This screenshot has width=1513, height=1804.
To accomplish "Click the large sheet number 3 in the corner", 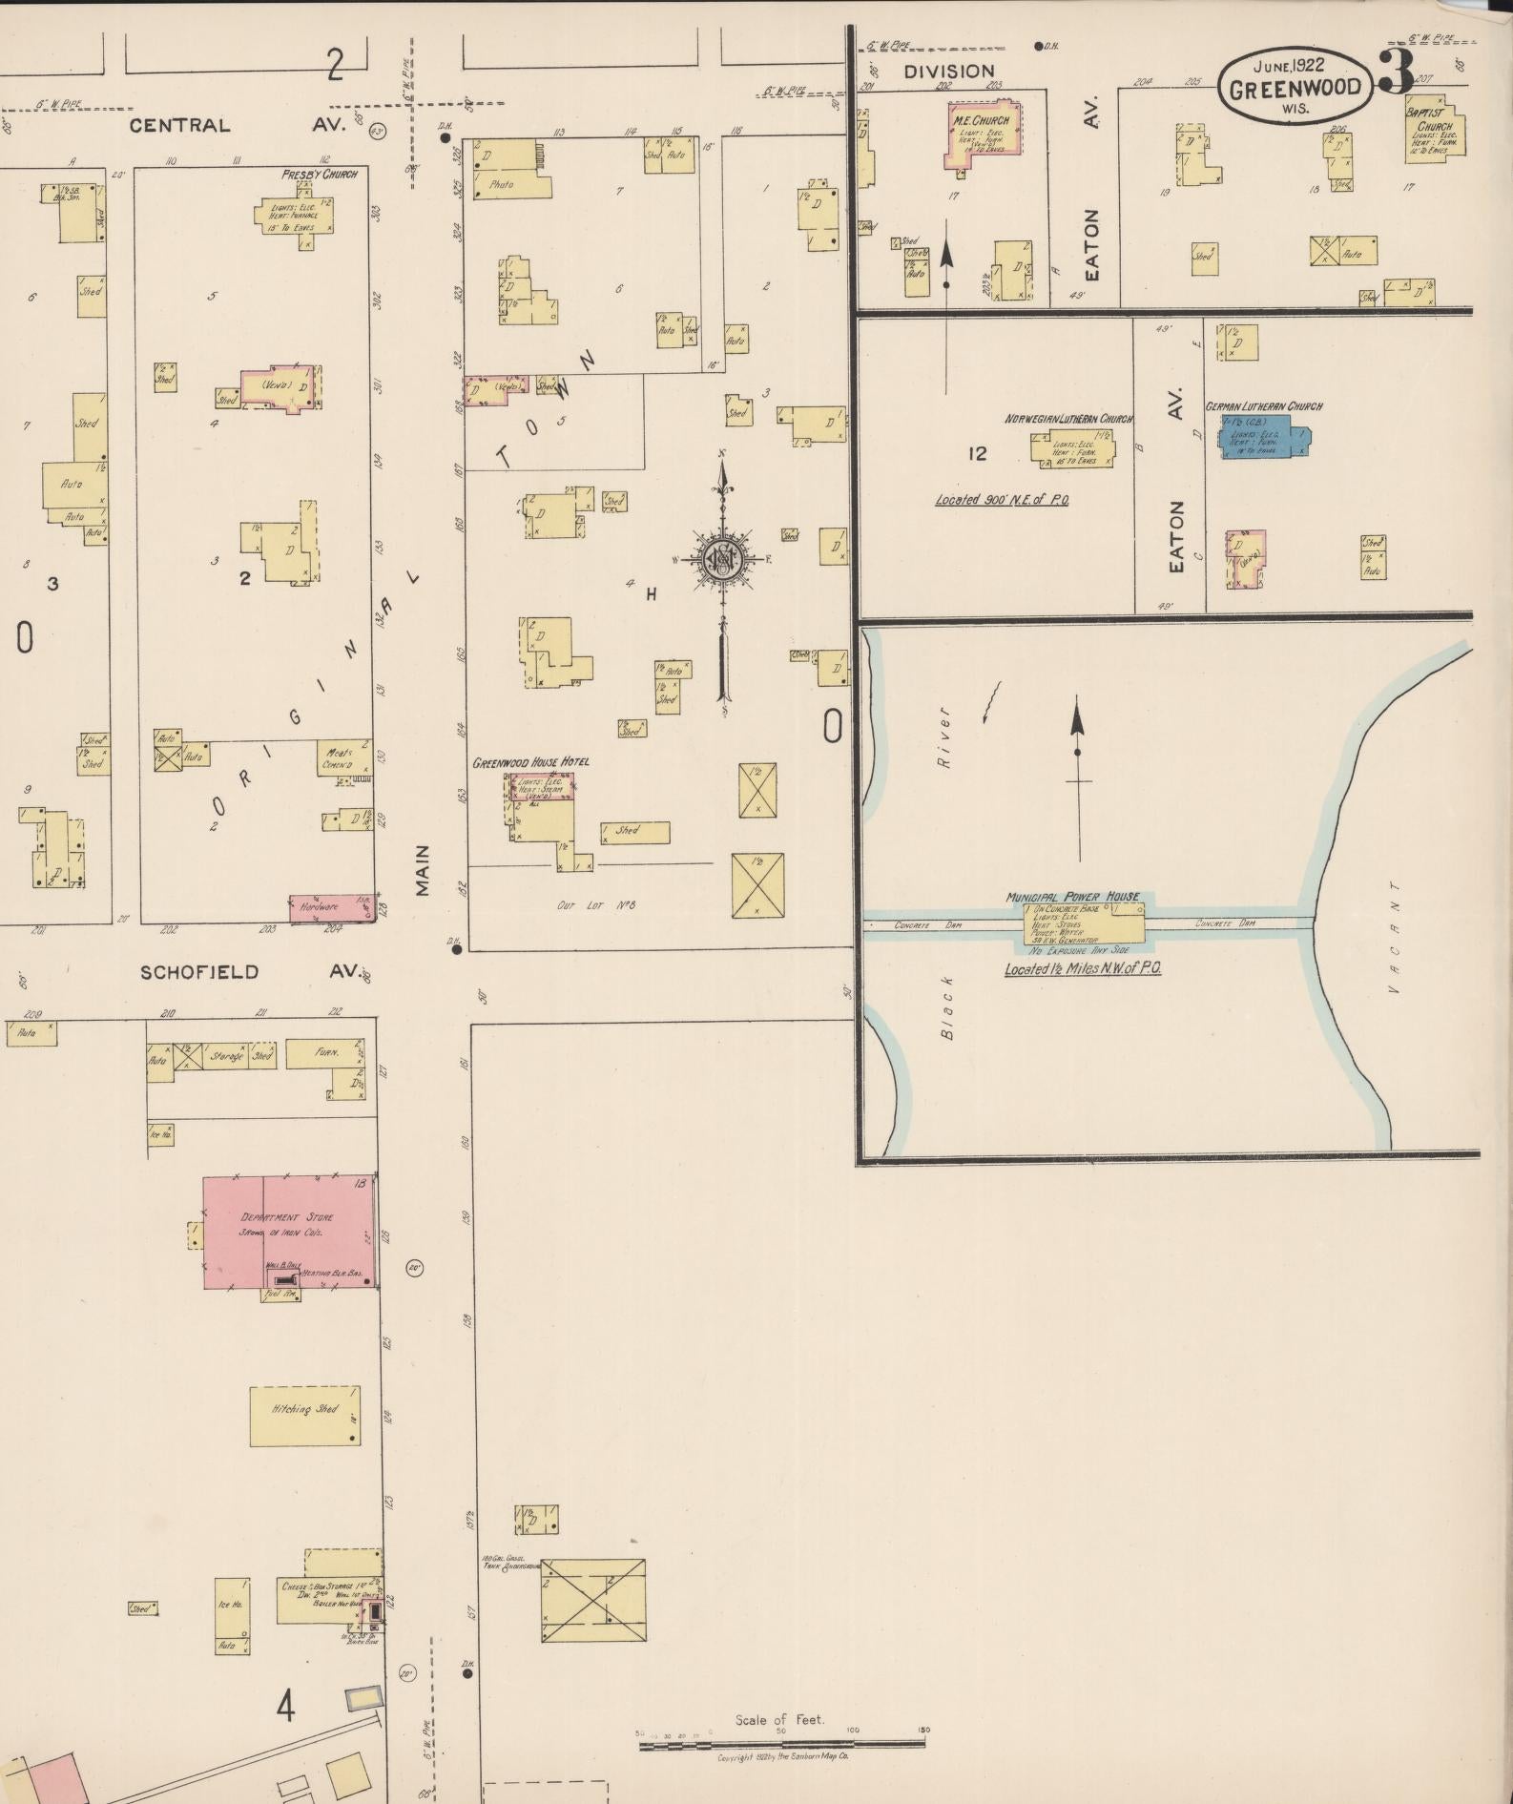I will tap(1398, 74).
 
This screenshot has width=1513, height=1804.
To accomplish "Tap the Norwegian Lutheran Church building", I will tap(1071, 448).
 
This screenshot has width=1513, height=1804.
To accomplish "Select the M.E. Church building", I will tap(982, 134).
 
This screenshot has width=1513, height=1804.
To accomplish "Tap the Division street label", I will tap(949, 71).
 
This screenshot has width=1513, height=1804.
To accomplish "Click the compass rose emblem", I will tap(723, 560).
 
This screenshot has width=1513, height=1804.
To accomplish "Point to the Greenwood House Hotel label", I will tap(530, 762).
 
